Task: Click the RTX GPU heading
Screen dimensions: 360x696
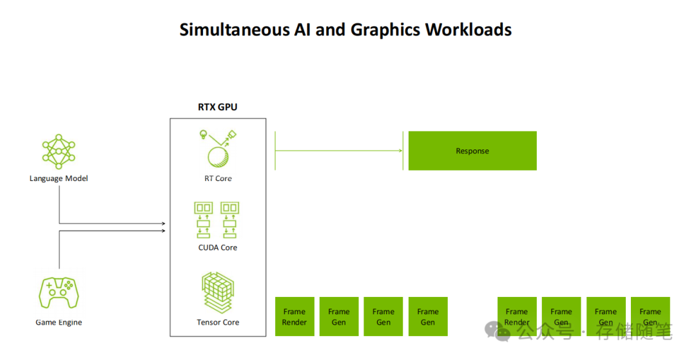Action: (x=217, y=107)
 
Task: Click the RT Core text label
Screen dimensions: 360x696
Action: (x=218, y=178)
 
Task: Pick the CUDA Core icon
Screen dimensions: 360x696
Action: (x=217, y=220)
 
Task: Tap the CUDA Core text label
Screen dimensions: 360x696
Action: (x=218, y=247)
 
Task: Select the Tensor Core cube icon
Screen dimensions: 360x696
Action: (x=218, y=292)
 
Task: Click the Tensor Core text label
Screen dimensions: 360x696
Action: (x=218, y=322)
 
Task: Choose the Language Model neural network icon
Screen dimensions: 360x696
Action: (x=59, y=151)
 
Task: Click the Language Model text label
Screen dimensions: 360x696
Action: (x=59, y=178)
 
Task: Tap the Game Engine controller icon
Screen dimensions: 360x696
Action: (x=59, y=293)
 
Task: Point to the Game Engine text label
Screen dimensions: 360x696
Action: (x=59, y=322)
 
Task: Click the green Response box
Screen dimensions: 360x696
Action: (x=472, y=151)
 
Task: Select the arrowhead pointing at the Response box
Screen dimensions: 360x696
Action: (x=400, y=151)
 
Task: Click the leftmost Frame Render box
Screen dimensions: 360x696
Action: (x=295, y=316)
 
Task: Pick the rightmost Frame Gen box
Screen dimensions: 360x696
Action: (x=650, y=316)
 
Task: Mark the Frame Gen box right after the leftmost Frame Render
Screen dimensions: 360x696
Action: (x=339, y=316)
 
